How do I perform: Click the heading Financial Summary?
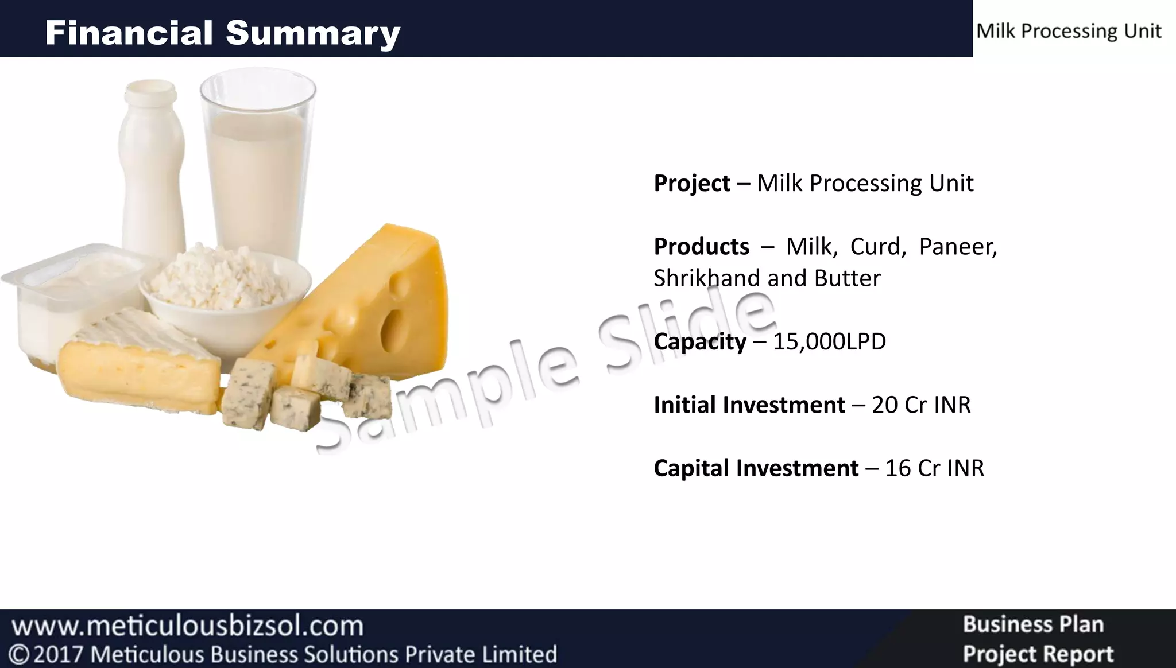pyautogui.click(x=222, y=33)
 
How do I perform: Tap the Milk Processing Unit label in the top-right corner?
pyautogui.click(x=1069, y=31)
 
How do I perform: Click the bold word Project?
pyautogui.click(x=691, y=184)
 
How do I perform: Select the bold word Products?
pyautogui.click(x=701, y=247)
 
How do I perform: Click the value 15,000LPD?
pyautogui.click(x=829, y=341)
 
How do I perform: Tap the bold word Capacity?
pyautogui.click(x=699, y=342)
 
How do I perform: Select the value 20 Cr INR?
pyautogui.click(x=920, y=405)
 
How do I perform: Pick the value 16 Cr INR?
pyautogui.click(x=934, y=468)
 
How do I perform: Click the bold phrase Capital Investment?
pyautogui.click(x=756, y=468)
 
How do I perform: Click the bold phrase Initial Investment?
pyautogui.click(x=749, y=405)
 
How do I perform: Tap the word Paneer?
pyautogui.click(x=958, y=247)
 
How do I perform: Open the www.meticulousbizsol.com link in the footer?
pyautogui.click(x=188, y=626)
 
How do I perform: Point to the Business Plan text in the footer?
pyautogui.click(x=1033, y=624)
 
